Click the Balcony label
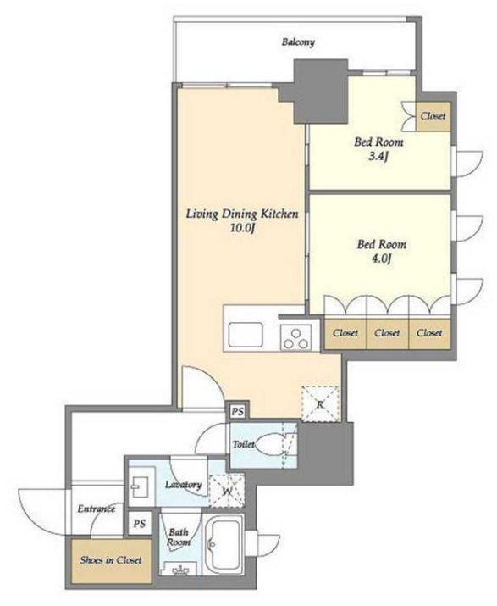tap(298, 42)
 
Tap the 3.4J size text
tap(378, 157)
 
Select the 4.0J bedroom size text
tap(382, 259)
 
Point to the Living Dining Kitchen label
tap(242, 214)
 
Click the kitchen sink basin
tap(246, 334)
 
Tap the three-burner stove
tap(296, 338)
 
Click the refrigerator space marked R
tap(320, 404)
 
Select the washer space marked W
tap(227, 491)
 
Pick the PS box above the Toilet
tap(238, 411)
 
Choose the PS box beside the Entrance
tap(140, 523)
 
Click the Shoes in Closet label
tap(111, 559)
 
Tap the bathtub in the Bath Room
tap(224, 544)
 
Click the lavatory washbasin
tap(139, 486)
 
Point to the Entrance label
tap(97, 509)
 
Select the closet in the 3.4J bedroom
tap(433, 116)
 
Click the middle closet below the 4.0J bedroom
tap(387, 333)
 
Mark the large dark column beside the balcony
tap(321, 92)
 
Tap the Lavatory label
tap(184, 485)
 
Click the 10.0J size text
tap(242, 228)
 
